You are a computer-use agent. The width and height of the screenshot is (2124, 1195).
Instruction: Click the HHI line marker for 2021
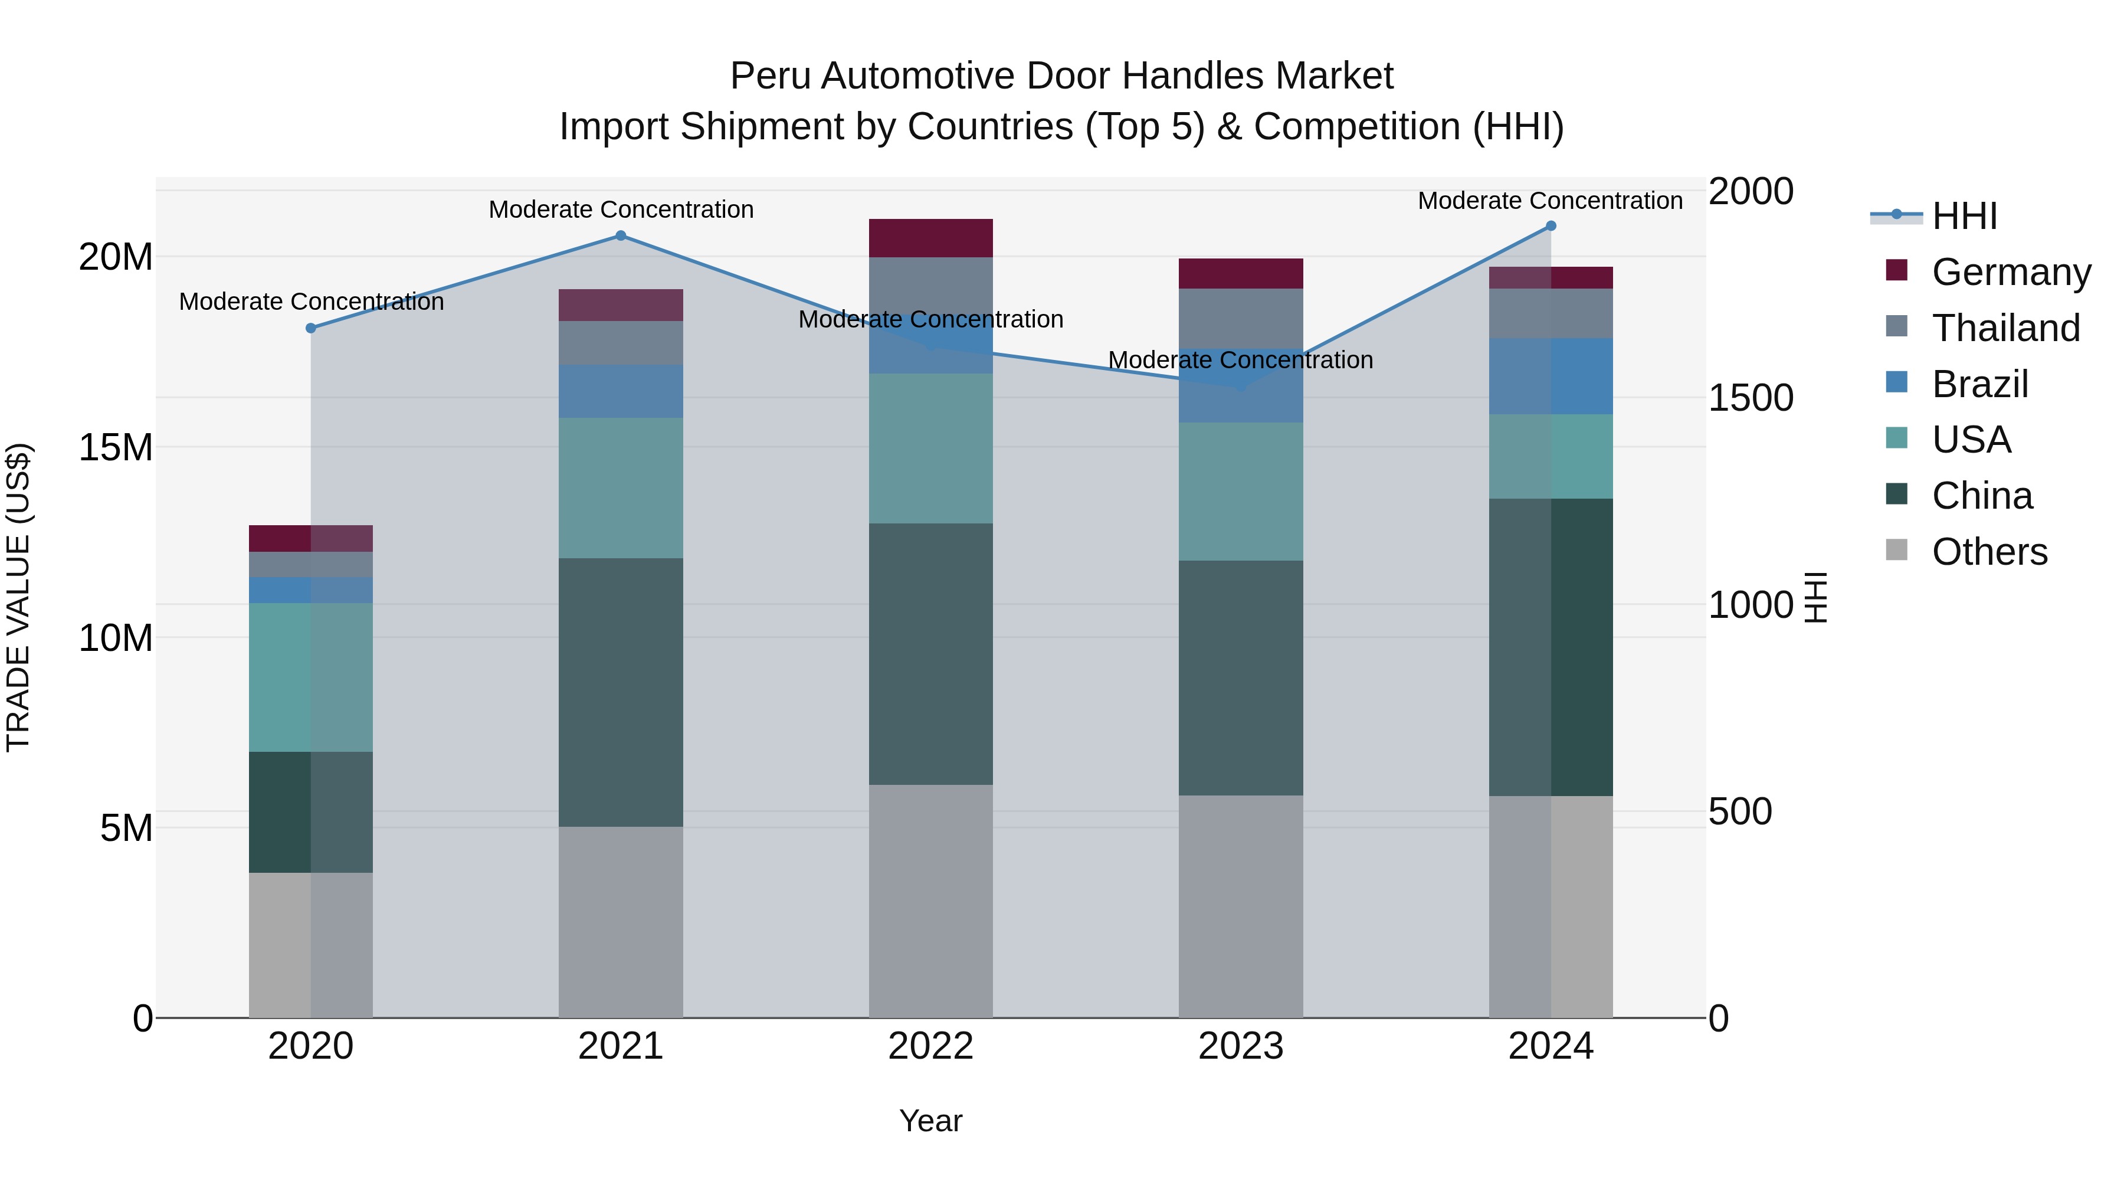click(621, 236)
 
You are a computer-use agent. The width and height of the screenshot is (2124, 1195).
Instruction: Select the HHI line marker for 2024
click(1550, 226)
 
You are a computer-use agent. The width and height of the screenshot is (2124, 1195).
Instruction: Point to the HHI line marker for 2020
click(311, 328)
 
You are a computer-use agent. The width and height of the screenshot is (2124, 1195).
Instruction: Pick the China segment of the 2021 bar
click(621, 692)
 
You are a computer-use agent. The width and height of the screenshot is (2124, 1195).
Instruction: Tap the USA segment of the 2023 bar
click(1240, 492)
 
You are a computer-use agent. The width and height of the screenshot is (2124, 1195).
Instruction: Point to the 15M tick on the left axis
click(116, 448)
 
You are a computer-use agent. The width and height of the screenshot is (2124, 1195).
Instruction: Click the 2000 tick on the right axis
click(1750, 191)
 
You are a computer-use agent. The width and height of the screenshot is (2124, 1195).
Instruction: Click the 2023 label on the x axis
click(1240, 1046)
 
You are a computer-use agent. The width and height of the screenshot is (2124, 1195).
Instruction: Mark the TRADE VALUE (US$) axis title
click(18, 597)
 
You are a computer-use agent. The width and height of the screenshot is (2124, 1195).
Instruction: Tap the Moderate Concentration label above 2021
click(621, 209)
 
